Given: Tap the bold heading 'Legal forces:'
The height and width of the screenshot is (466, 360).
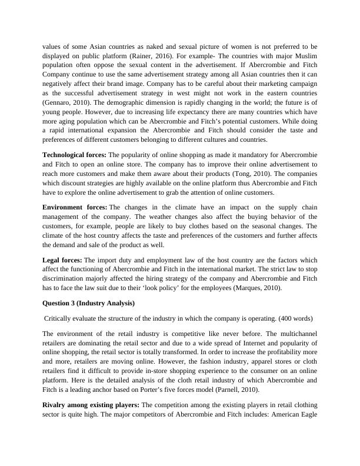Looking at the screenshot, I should (x=62, y=260).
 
